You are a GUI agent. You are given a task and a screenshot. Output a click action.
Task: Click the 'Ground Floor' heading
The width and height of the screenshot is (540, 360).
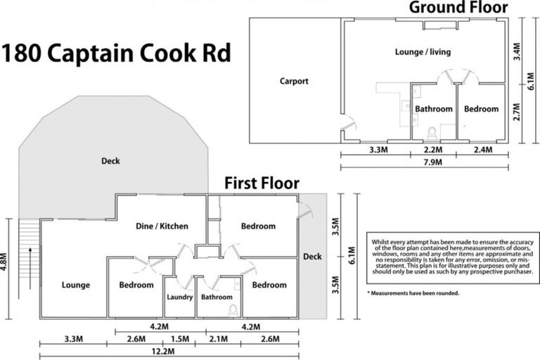pyautogui.click(x=468, y=8)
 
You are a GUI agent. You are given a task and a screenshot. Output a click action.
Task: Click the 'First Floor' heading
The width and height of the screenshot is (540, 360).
pyautogui.click(x=262, y=184)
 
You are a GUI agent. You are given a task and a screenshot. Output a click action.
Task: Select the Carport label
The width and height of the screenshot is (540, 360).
pyautogui.click(x=294, y=81)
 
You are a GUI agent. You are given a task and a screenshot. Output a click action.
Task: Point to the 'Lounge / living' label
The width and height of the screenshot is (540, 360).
pyautogui.click(x=423, y=52)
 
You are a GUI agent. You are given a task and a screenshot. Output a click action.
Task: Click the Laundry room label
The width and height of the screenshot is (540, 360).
pyautogui.click(x=179, y=297)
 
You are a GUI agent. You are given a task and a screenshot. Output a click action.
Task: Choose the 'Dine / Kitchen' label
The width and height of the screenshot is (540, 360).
pyautogui.click(x=162, y=226)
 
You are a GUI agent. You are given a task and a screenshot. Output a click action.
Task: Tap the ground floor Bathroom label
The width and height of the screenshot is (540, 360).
pyautogui.click(x=433, y=109)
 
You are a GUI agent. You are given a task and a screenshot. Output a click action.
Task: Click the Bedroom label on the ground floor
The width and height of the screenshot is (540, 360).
pyautogui.click(x=481, y=109)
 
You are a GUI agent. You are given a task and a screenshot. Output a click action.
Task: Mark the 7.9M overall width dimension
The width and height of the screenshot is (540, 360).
pyautogui.click(x=424, y=162)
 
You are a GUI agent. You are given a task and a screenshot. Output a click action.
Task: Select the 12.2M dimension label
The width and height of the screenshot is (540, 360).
pyautogui.click(x=169, y=352)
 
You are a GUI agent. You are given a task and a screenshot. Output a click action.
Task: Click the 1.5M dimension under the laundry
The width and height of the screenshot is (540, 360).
pyautogui.click(x=180, y=340)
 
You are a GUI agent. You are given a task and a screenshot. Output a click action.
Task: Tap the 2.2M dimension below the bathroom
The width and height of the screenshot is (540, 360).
pyautogui.click(x=433, y=150)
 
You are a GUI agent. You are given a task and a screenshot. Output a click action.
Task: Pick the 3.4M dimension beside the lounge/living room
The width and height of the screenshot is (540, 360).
pyautogui.click(x=517, y=51)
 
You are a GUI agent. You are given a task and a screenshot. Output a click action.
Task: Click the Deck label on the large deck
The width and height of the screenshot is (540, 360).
pyautogui.click(x=110, y=161)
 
